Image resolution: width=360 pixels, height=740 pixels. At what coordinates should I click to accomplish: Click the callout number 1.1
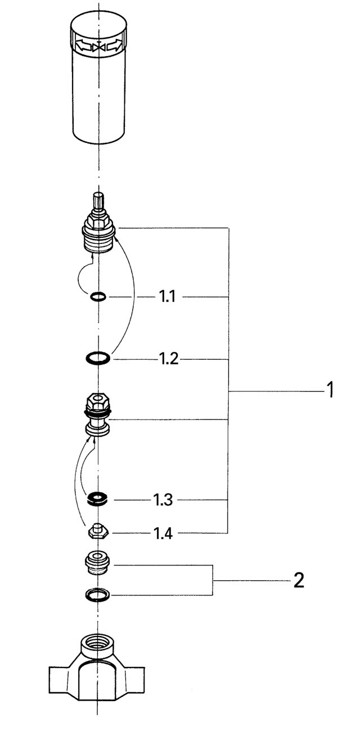point(167,297)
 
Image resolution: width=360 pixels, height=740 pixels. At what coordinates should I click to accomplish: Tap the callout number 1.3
point(163,500)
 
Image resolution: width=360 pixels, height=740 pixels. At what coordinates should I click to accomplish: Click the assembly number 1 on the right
point(330,390)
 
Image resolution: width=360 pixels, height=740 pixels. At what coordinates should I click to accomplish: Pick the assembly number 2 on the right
point(299,580)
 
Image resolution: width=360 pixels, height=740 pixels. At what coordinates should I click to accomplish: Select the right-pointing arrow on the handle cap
point(115,46)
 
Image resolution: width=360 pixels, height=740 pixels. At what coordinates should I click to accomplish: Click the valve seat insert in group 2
point(98,563)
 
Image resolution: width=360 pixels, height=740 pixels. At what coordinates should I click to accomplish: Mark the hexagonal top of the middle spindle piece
point(98,401)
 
